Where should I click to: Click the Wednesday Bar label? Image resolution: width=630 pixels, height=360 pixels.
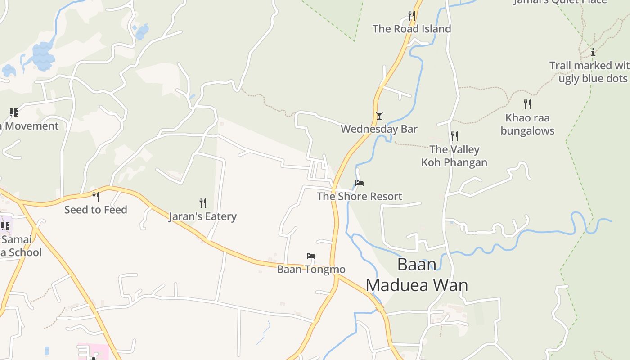click(x=379, y=129)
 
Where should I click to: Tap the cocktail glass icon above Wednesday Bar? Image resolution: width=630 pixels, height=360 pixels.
click(x=379, y=116)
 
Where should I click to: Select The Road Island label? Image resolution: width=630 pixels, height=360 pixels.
click(x=411, y=29)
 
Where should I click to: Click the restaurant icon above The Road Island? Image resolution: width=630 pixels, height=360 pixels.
click(x=411, y=15)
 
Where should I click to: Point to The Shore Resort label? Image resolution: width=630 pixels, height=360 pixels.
click(x=359, y=196)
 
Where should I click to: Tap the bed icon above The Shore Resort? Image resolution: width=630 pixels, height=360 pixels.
click(x=359, y=183)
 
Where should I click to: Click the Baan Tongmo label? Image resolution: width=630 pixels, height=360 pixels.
click(x=311, y=270)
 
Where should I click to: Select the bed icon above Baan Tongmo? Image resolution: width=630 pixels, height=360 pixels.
click(x=311, y=256)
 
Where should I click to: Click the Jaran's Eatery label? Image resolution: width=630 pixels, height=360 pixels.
click(x=202, y=216)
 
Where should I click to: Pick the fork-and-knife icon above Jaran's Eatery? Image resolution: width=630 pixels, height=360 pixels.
click(x=203, y=203)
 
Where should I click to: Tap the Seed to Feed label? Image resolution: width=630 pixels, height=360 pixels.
click(x=95, y=210)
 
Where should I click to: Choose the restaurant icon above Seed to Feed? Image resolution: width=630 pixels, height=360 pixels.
click(x=95, y=196)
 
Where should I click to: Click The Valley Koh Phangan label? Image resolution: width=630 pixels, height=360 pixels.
click(x=454, y=156)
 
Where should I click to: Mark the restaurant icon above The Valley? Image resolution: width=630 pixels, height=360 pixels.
click(x=454, y=136)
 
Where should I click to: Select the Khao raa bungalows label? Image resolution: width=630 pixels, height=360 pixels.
click(x=527, y=124)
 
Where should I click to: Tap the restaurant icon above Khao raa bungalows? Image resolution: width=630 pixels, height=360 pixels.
click(x=527, y=104)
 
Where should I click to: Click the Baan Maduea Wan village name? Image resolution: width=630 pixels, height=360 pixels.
click(x=417, y=274)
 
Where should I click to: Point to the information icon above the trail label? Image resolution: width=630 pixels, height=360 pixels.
click(x=593, y=52)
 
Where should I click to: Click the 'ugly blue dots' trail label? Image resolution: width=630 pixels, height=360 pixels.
click(x=589, y=72)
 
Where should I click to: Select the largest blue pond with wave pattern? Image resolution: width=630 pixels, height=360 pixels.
click(x=43, y=56)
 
